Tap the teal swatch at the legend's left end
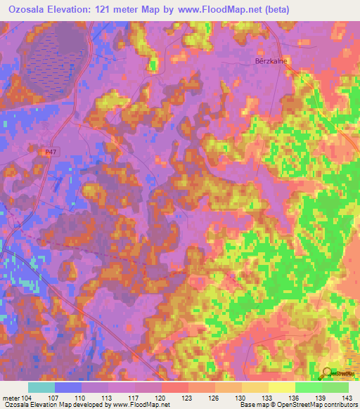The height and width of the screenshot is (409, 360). pos(41,387)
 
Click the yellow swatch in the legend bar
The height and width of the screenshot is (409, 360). pos(281,387)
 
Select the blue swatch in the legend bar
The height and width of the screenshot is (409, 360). pos(68,387)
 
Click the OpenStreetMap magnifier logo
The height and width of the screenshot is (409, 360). pos(328,373)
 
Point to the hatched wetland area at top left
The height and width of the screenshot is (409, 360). pos(53,49)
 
